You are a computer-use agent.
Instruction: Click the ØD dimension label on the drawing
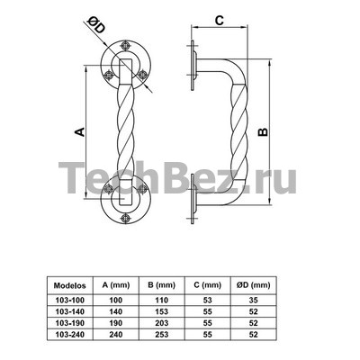95,26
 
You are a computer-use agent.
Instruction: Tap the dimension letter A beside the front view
79,131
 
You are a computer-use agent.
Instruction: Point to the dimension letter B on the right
263,131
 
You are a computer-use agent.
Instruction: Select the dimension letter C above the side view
220,21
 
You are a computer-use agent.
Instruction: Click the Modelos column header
69,285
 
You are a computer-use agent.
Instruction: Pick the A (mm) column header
116,285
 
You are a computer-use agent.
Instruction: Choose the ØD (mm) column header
254,285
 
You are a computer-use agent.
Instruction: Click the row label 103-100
70,300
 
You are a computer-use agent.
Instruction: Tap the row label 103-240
70,334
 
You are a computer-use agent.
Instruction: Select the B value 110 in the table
162,300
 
